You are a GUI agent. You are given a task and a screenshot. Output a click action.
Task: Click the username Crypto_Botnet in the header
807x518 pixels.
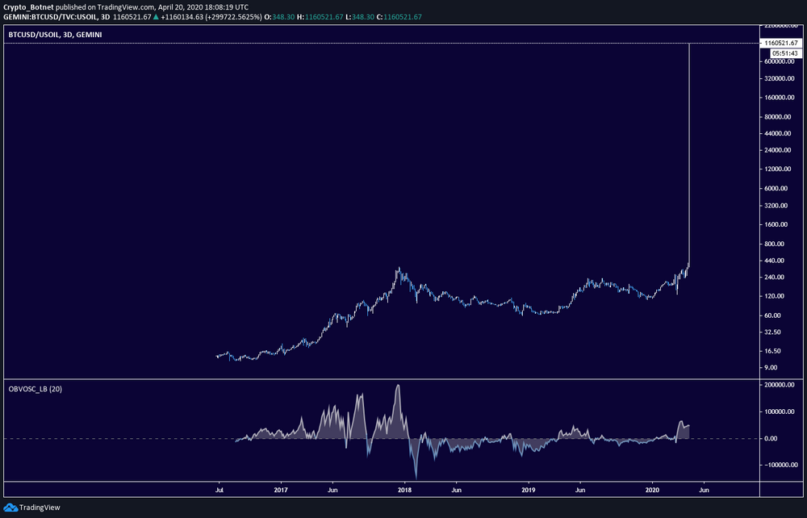27,6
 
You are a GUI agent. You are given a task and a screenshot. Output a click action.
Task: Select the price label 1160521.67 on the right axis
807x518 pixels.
780,43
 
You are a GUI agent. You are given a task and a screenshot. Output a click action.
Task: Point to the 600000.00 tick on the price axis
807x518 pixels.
780,61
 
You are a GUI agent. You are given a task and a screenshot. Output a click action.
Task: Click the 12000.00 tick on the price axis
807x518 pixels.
780,169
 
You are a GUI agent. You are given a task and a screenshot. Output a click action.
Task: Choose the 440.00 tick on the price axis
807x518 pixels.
780,261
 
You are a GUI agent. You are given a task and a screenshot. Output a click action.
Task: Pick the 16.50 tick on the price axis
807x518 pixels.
780,351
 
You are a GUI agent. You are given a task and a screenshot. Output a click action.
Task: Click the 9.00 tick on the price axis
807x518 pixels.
780,368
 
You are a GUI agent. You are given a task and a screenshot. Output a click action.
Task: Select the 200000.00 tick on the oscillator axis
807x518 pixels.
780,386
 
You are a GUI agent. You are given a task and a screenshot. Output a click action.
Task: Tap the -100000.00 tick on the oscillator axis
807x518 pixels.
780,465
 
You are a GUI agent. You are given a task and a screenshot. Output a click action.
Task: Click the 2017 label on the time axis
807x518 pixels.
281,490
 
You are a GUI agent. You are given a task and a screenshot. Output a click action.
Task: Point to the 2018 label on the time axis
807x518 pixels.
404,490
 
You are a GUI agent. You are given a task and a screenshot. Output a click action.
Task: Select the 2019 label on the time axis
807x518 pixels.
529,490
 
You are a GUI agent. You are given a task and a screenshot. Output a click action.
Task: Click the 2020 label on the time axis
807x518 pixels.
653,490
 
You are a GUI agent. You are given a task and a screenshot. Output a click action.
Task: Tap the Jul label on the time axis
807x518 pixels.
219,490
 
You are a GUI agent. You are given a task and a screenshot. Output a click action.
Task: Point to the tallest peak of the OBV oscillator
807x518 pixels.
398,386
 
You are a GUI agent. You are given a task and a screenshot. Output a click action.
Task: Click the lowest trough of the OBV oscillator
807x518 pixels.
416,476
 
